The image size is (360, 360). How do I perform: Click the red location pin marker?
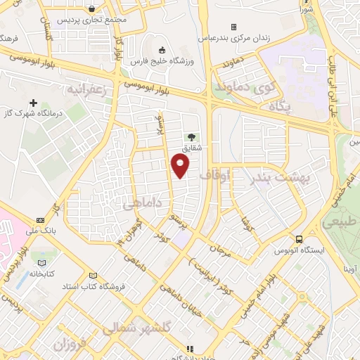(x=181, y=165)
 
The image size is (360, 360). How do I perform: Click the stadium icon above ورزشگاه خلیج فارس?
(x=163, y=50)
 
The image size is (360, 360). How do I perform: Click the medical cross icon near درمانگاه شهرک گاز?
(x=33, y=103)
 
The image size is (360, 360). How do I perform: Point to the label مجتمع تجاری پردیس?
(x=98, y=20)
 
